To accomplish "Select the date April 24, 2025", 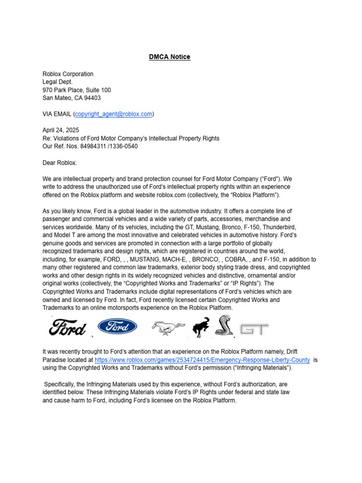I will point(61,130).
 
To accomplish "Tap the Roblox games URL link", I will point(202,360).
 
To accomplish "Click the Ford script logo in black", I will point(67,327).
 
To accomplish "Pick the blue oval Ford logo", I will point(117,326).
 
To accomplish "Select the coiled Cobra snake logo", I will point(224,326).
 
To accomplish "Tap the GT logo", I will point(254,328).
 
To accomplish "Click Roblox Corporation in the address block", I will point(68,74).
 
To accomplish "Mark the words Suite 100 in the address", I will point(97,90).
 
